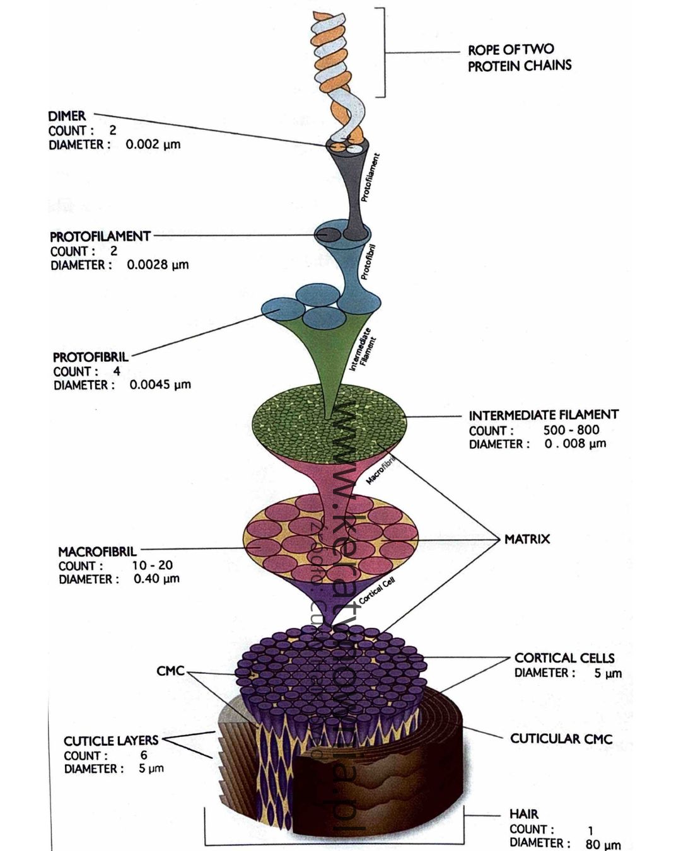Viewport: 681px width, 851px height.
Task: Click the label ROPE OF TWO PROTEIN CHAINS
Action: [x=519, y=57]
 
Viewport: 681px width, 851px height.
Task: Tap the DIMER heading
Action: [x=67, y=116]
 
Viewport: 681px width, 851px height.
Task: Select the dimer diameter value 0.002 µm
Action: [x=153, y=144]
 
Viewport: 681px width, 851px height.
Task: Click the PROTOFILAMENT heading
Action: [x=100, y=236]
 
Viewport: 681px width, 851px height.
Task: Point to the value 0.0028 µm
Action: [x=157, y=265]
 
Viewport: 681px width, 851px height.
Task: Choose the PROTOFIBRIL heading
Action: [x=90, y=357]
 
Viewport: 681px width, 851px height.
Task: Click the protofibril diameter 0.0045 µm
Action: [x=160, y=385]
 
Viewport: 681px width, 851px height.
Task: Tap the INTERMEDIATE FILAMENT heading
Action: [x=543, y=415]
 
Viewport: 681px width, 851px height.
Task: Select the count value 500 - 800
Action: [x=571, y=430]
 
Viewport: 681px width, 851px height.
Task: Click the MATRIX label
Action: [x=527, y=539]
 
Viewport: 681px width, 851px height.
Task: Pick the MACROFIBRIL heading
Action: [x=97, y=552]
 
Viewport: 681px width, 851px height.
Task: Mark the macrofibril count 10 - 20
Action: [x=152, y=565]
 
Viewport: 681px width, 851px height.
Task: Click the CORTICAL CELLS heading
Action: [x=564, y=658]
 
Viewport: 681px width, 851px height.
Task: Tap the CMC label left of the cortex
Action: [x=170, y=671]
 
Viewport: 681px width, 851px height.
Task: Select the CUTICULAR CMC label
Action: [x=561, y=739]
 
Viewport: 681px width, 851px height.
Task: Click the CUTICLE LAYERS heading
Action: [x=110, y=741]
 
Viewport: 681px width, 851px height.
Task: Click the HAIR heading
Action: [x=523, y=814]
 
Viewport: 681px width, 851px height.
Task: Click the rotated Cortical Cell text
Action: [x=377, y=591]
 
